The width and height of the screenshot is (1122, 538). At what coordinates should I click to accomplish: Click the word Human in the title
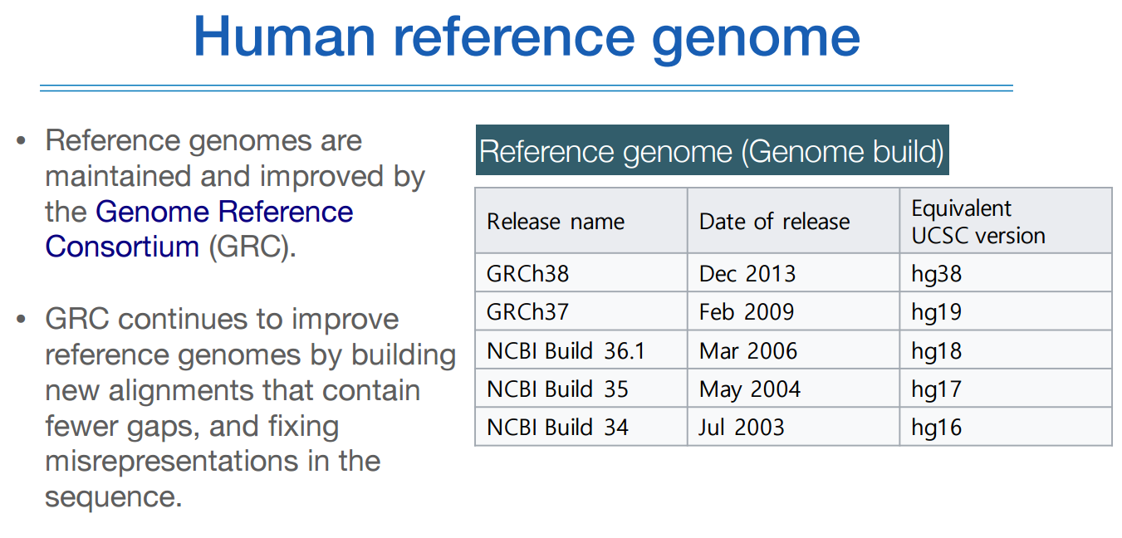(x=285, y=37)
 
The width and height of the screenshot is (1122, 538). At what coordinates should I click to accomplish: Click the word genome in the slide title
(x=756, y=40)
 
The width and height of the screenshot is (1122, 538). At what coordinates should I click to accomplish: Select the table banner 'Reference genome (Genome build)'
(x=712, y=150)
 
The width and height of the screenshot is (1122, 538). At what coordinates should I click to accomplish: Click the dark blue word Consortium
(x=122, y=247)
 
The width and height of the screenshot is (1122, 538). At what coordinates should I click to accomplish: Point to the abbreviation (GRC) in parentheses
(x=252, y=247)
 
